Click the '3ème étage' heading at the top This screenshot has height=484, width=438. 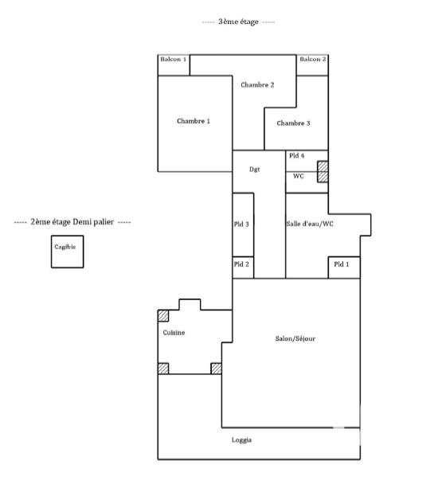(239, 21)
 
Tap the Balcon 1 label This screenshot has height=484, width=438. (173, 60)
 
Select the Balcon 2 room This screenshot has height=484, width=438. (312, 60)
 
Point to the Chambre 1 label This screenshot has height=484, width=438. (194, 121)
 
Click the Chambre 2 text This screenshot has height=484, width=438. (258, 84)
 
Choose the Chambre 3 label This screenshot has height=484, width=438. (293, 123)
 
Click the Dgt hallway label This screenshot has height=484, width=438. (255, 169)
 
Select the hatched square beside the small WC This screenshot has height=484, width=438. (323, 172)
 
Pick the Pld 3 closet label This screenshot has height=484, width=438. (242, 224)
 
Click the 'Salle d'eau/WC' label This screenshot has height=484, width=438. (310, 224)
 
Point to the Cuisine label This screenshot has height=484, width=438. (174, 333)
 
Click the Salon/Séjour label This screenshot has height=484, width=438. (295, 339)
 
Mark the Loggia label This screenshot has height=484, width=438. (243, 440)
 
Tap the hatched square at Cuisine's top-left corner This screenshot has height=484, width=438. (162, 315)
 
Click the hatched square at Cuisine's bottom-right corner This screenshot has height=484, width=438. (216, 368)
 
